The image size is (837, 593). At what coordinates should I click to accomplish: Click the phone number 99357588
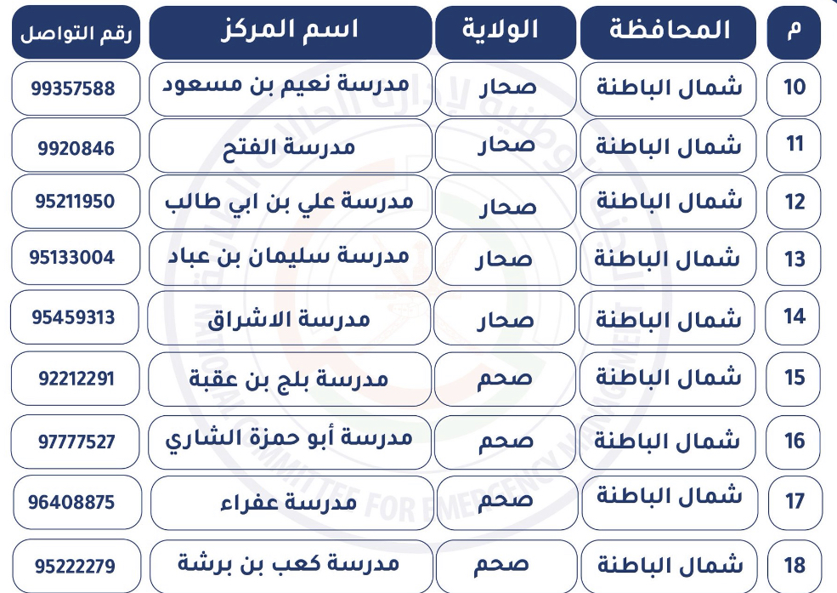tap(73, 88)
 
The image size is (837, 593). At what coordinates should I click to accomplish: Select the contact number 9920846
tap(76, 148)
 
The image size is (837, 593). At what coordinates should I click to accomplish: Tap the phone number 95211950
tap(76, 202)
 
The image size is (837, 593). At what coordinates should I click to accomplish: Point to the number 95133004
tap(72, 258)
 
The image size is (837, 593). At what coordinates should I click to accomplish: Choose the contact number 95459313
tap(73, 317)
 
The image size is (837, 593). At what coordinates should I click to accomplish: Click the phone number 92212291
tap(76, 379)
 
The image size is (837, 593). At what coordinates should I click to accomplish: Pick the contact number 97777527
tap(76, 442)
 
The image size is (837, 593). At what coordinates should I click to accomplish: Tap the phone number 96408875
tap(71, 502)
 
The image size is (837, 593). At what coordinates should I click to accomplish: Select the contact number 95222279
tap(76, 566)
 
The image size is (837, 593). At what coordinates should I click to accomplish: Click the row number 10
tap(795, 87)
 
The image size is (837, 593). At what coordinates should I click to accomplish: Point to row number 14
tap(795, 316)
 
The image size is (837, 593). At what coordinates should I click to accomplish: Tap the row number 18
tap(795, 565)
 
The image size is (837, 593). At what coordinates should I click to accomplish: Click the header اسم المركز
tap(290, 30)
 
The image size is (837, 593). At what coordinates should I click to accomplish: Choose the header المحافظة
tap(670, 30)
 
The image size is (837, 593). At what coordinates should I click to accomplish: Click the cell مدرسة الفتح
tap(289, 147)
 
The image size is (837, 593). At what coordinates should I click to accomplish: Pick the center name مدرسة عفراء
tap(289, 503)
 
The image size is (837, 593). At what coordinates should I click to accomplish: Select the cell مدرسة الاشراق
tap(289, 320)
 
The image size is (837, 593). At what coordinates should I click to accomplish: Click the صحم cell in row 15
tap(505, 379)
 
